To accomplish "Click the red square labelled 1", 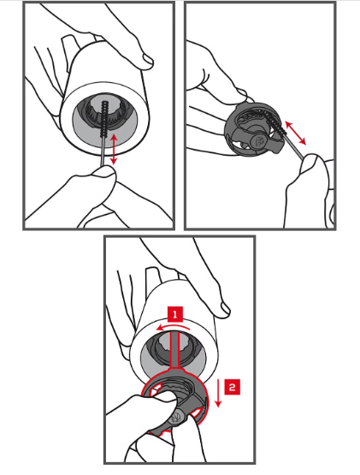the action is [175, 314].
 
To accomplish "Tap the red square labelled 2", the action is [233, 387].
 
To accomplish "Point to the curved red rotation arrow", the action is [174, 327].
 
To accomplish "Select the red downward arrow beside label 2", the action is [218, 392].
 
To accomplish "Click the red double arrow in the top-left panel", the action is [114, 150].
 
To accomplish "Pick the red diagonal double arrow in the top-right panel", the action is [296, 133].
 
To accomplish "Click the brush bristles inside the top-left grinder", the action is [105, 119].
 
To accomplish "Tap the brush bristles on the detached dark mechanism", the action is [275, 124].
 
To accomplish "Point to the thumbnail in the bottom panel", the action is [224, 309].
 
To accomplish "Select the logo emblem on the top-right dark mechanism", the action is [259, 141].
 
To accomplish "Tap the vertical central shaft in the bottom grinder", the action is [175, 349].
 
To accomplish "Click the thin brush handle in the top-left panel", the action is [103, 151].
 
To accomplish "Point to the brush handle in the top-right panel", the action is [293, 146].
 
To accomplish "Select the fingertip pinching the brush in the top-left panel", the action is [103, 173].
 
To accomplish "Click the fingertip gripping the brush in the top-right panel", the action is [309, 162].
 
